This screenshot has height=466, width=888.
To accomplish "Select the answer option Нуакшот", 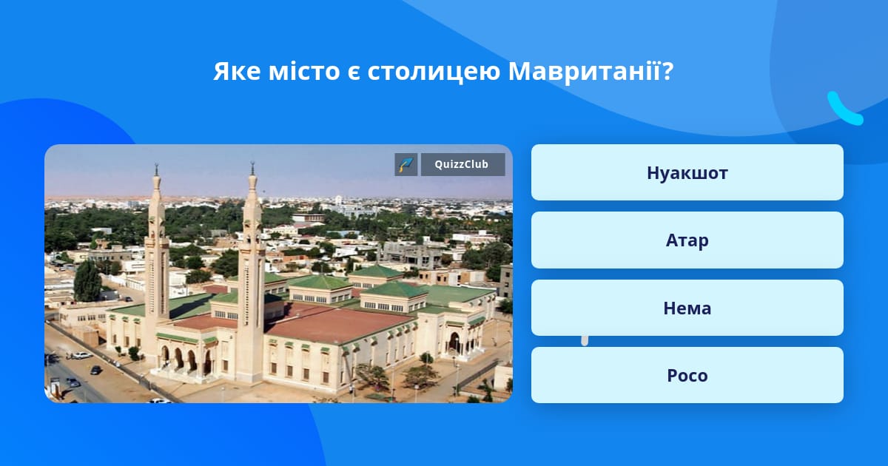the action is coord(687,172).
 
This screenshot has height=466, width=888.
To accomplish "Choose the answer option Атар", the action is coord(687,240).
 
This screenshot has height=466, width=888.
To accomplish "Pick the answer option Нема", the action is coord(687,308).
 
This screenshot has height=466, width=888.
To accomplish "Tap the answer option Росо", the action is coord(687,375).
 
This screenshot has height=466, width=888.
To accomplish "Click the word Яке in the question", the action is coord(237,71).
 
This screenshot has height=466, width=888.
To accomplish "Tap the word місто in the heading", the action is coord(304,71).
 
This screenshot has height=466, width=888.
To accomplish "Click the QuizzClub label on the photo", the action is coord(462,164).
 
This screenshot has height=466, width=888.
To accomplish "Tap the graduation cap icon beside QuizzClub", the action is coord(406,164).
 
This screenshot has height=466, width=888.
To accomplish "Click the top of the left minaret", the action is coord(157,164).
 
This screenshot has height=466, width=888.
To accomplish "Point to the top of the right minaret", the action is coord(252,163).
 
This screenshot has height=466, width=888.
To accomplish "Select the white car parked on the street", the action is coord(81,356).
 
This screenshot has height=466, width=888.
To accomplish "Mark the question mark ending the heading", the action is coord(667,71).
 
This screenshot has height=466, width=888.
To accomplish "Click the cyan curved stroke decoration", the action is coord(844,109).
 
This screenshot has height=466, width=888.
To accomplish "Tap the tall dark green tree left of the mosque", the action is coord(87,280).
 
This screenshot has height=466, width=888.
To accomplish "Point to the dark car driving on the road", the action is coord(95,370).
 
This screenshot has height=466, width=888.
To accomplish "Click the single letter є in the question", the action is coord(353,74).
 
